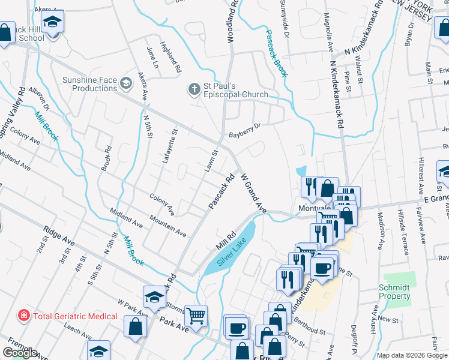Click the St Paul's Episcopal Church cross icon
pos(193,89)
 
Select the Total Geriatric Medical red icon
pos(23,314)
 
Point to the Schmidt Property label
pos(394,292)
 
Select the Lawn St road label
pos(210,161)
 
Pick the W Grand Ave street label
pos(253,194)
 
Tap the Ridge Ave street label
pos(59,236)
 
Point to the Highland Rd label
pos(170,57)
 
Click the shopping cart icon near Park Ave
pos(196,316)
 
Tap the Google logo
pos(20,353)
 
